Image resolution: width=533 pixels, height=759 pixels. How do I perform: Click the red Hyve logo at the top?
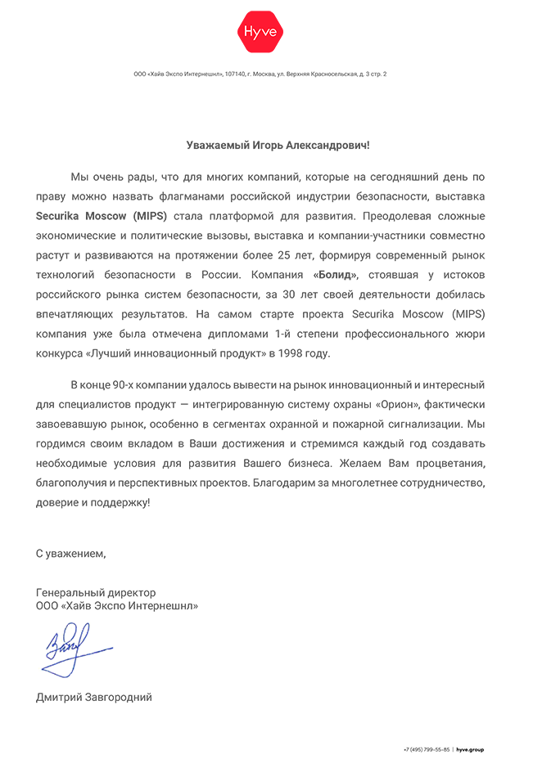[x=260, y=32]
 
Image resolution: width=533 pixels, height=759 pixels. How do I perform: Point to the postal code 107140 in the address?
[x=235, y=74]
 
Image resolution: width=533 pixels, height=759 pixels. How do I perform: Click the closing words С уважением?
[x=70, y=554]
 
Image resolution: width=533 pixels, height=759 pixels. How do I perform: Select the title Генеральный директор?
[x=96, y=592]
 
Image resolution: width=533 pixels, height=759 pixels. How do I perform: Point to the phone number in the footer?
[x=426, y=749]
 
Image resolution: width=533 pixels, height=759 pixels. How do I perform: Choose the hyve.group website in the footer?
[x=470, y=749]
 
